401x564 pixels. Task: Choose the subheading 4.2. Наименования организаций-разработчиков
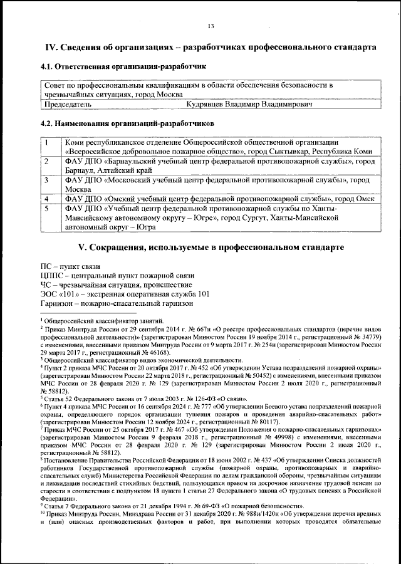click(x=127, y=123)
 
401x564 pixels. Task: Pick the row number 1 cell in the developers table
click(x=47, y=142)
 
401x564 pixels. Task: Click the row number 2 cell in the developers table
click(x=47, y=161)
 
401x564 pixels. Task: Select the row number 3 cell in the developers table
click(x=47, y=180)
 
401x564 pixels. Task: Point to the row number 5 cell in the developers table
click(x=47, y=208)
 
